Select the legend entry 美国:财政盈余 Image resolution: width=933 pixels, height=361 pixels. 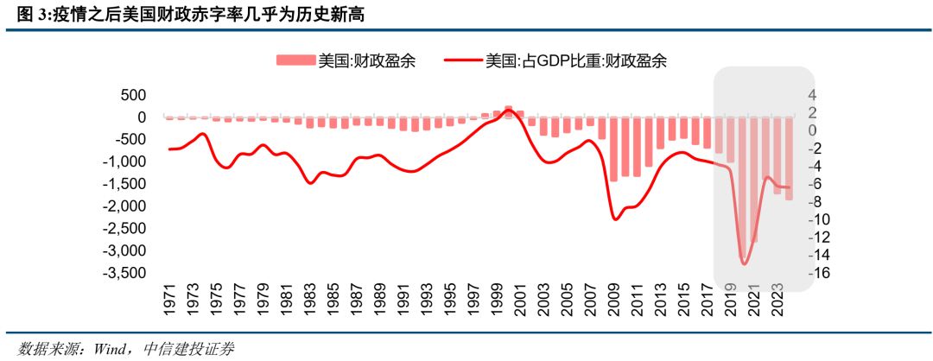346,60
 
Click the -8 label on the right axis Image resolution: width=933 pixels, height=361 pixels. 817,201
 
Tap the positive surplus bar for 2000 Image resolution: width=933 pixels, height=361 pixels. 508,111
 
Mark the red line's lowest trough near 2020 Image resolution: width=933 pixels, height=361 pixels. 744,263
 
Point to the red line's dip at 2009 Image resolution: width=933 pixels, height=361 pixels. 615,219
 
